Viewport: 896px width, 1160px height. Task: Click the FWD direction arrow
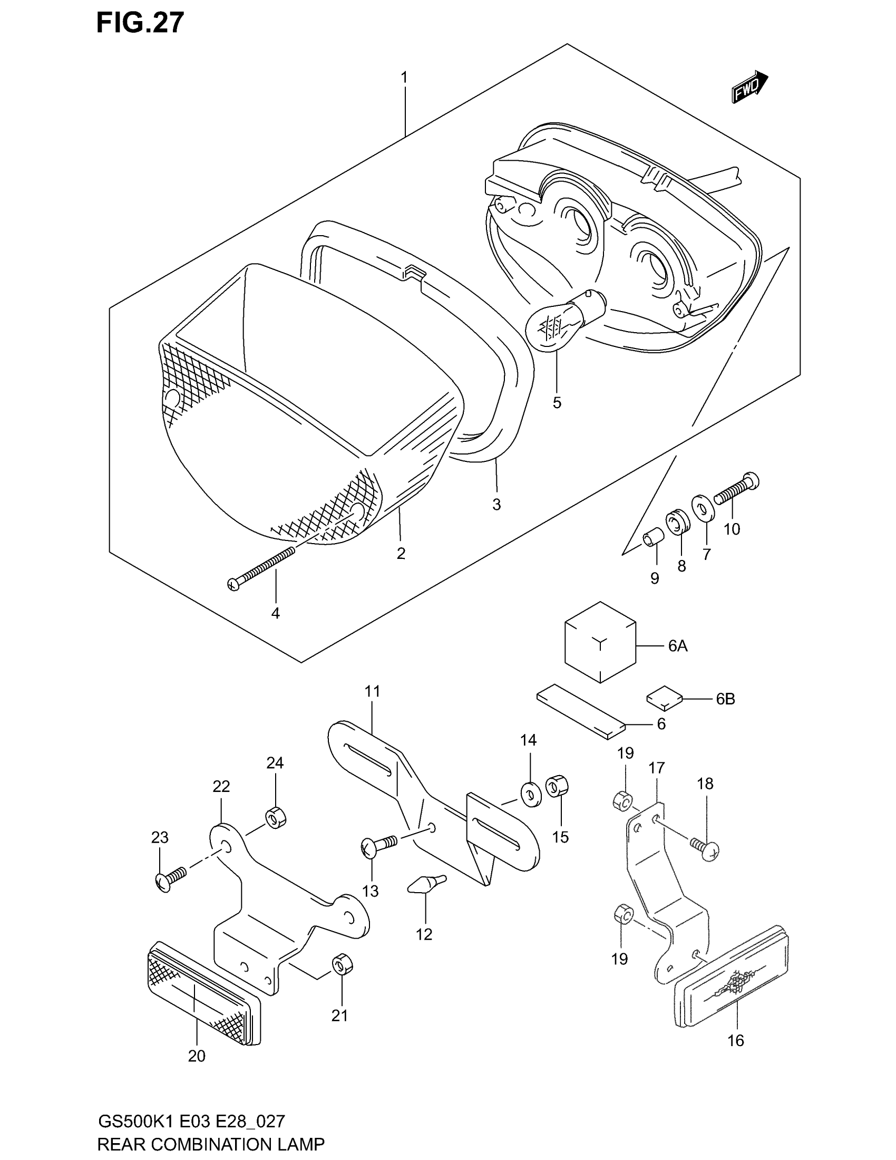point(749,87)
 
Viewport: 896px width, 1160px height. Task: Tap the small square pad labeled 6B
point(663,698)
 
